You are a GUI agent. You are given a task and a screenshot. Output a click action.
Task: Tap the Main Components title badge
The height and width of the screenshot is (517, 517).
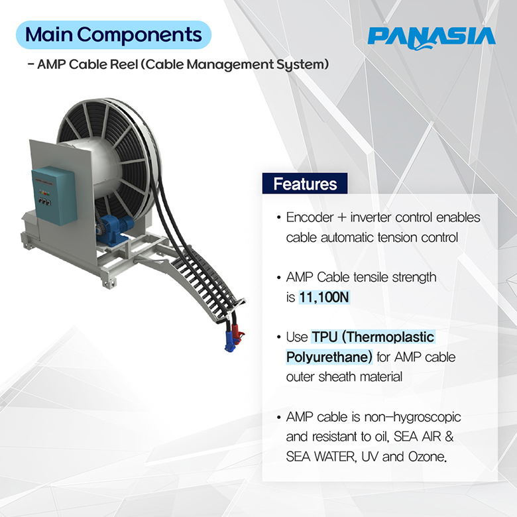113,35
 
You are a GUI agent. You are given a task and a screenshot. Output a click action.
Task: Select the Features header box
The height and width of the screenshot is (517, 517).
305,184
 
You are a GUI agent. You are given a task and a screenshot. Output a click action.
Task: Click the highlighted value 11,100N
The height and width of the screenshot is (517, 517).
323,297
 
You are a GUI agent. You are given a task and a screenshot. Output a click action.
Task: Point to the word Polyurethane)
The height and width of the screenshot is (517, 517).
329,357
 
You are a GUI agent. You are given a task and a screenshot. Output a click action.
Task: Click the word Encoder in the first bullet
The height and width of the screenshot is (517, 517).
310,217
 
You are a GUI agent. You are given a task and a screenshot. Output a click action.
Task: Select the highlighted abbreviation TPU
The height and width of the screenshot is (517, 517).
325,337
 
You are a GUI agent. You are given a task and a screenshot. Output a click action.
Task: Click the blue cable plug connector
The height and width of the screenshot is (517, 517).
229,341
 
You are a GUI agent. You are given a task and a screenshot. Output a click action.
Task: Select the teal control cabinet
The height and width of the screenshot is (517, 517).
54,196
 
